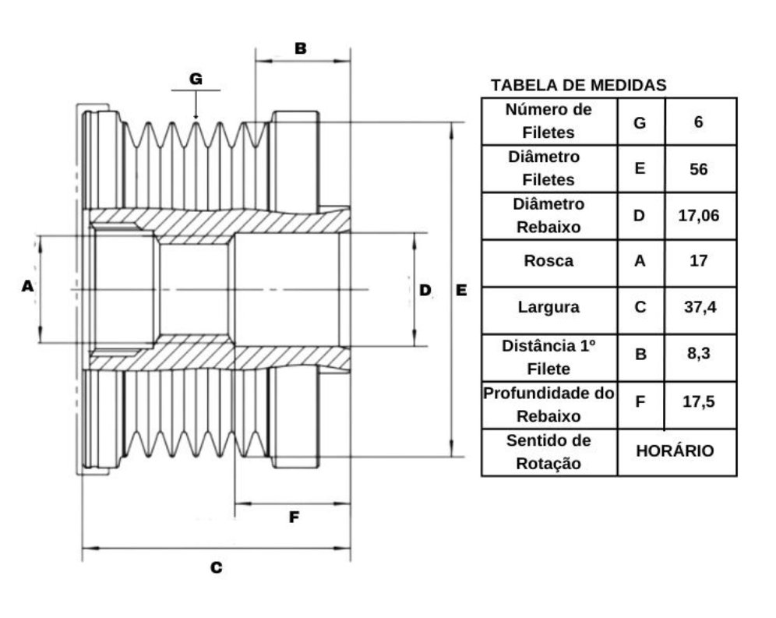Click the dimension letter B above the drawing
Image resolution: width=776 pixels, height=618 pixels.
coord(301,48)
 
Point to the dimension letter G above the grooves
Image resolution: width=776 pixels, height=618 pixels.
coord(196,79)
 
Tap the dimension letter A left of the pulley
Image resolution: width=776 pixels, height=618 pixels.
coord(28,286)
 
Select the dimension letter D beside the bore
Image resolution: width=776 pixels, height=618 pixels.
coord(425,290)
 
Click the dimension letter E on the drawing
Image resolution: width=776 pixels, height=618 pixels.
coord(461,290)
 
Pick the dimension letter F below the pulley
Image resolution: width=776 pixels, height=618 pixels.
coord(294,517)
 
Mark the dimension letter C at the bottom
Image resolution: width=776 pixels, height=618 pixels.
coord(217,567)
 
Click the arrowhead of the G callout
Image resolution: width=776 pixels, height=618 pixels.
coord(196,116)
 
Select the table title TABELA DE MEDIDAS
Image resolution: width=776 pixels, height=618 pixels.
coord(579,85)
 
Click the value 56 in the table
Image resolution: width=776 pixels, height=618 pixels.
coord(698,169)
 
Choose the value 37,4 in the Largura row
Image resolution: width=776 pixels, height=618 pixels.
coord(700,307)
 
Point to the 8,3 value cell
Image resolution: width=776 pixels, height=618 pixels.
coord(699,354)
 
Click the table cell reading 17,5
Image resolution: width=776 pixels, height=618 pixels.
coord(699,401)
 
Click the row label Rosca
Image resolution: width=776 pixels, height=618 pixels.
coord(548,261)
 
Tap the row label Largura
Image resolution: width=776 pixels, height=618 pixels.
coord(548,307)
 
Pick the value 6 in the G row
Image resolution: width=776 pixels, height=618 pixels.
coord(698,122)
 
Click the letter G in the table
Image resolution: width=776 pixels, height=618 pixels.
coord(640,123)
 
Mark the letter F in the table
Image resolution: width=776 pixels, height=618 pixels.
coord(640,401)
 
